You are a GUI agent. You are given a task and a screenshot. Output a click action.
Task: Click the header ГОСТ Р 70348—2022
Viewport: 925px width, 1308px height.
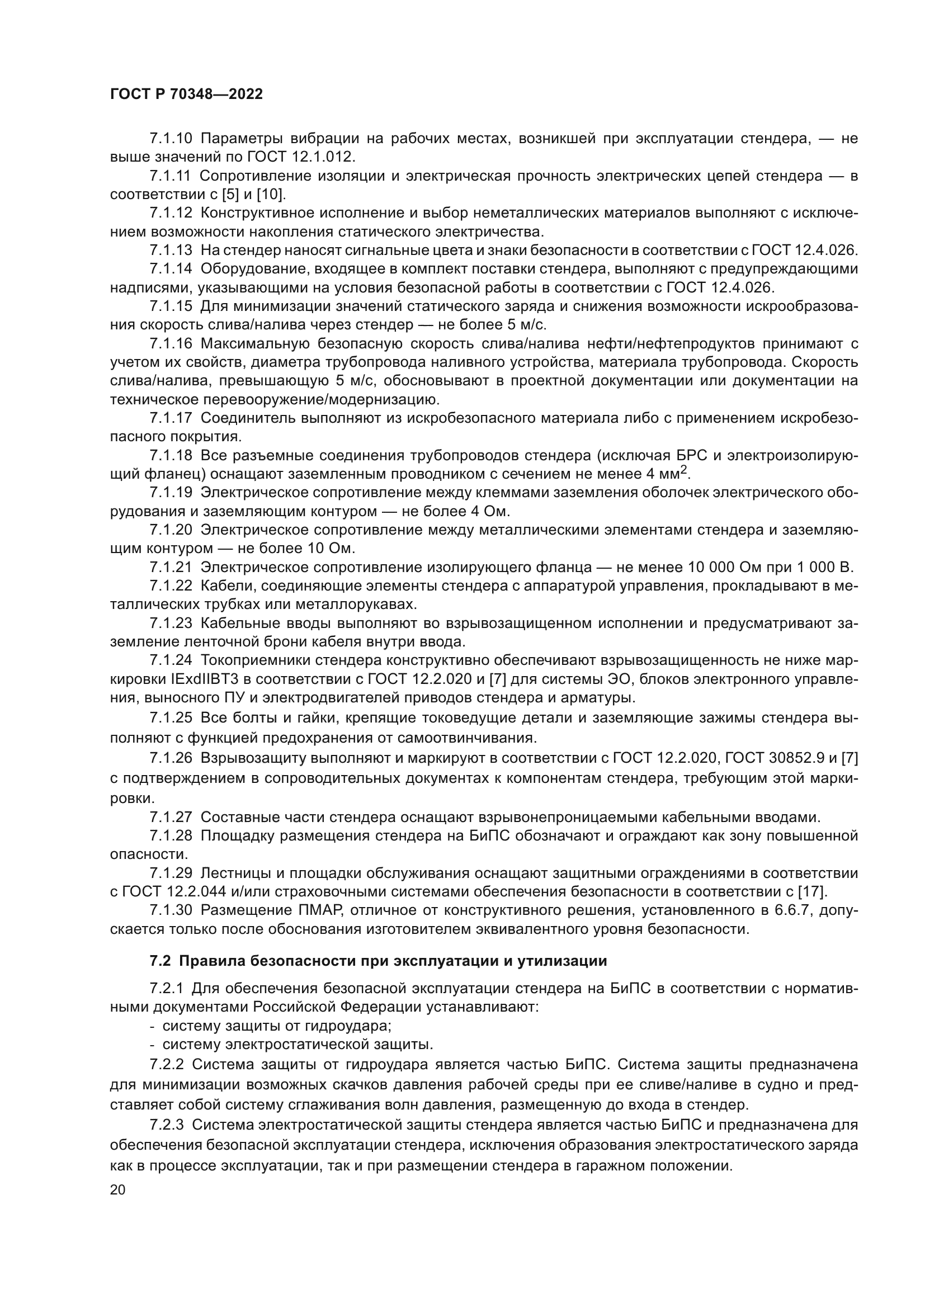tap(186, 95)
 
